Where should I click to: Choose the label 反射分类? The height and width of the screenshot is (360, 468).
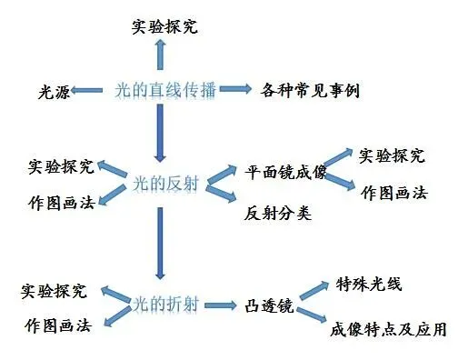pyautogui.click(x=277, y=215)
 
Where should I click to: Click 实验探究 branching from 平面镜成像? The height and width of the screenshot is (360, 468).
pyautogui.click(x=392, y=155)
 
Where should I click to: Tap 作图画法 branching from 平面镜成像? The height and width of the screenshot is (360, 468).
pyautogui.click(x=392, y=194)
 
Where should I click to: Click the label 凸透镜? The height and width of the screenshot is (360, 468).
pyautogui.click(x=267, y=304)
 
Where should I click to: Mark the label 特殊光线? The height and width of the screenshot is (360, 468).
pyautogui.click(x=368, y=285)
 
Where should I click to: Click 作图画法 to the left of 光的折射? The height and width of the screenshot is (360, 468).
pyautogui.click(x=56, y=325)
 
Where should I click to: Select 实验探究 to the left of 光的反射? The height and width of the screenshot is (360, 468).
pyautogui.click(x=59, y=166)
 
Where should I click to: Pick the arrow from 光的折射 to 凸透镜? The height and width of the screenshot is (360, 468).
pyautogui.click(x=223, y=304)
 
